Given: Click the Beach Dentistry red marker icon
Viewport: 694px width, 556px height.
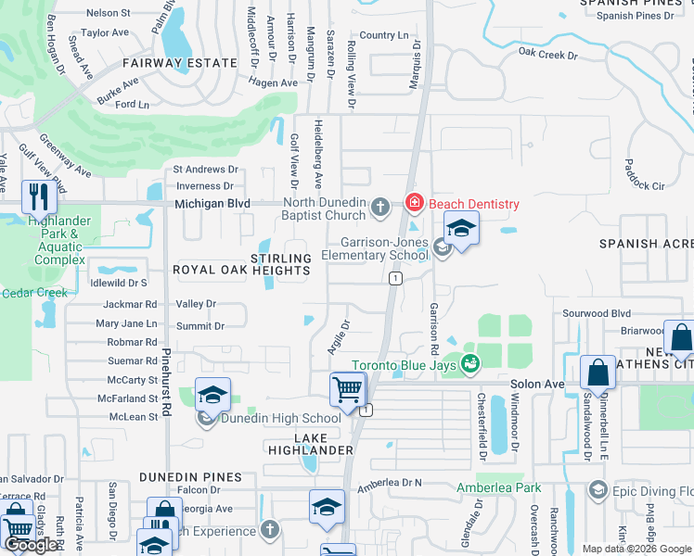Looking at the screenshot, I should click(x=414, y=202).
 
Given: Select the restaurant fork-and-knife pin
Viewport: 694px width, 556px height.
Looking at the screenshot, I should click(x=38, y=196).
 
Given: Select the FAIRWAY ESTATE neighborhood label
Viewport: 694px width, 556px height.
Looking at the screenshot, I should click(x=181, y=63).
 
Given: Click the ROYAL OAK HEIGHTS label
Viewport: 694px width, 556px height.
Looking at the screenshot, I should click(x=241, y=271).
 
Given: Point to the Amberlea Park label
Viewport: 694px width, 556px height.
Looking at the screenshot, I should click(x=498, y=487).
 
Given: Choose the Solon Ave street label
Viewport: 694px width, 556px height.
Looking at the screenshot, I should click(x=537, y=384).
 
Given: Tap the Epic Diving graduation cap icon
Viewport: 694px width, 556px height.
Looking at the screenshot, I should click(x=598, y=489).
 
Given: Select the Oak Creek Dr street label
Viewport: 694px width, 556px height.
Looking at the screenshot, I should click(x=548, y=54).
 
